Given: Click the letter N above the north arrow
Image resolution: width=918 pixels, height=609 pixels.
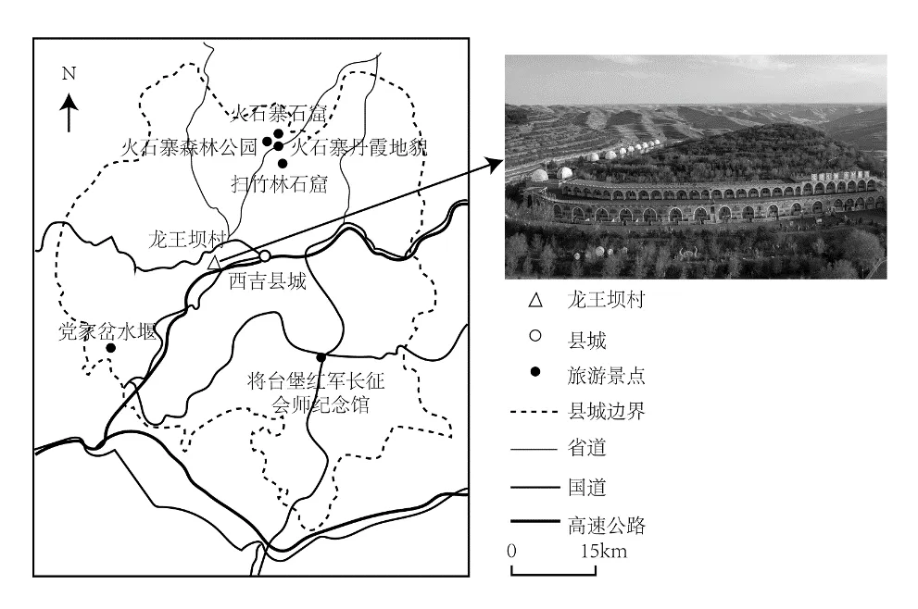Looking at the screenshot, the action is pyautogui.click(x=67, y=72).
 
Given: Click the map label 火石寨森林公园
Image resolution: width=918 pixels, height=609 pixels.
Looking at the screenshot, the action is pyautogui.click(x=188, y=146).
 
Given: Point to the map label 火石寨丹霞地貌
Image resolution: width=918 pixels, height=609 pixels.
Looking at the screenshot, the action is pyautogui.click(x=359, y=146).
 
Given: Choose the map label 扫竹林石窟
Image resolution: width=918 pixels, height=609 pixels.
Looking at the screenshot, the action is pyautogui.click(x=279, y=184).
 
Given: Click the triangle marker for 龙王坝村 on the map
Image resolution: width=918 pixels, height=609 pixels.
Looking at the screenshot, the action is pyautogui.click(x=214, y=263).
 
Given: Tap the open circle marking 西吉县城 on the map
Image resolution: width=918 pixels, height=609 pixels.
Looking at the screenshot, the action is pyautogui.click(x=265, y=255).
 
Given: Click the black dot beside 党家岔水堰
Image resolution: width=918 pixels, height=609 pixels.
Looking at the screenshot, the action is pyautogui.click(x=110, y=348).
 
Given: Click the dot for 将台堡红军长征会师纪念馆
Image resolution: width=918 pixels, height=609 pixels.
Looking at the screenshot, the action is pyautogui.click(x=321, y=357).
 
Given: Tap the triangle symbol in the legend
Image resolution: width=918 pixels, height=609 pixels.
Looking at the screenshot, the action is pyautogui.click(x=532, y=300).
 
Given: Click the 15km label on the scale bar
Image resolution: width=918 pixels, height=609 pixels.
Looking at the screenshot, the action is pyautogui.click(x=604, y=552).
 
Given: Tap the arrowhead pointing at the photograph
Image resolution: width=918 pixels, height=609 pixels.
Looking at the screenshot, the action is pyautogui.click(x=495, y=164).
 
